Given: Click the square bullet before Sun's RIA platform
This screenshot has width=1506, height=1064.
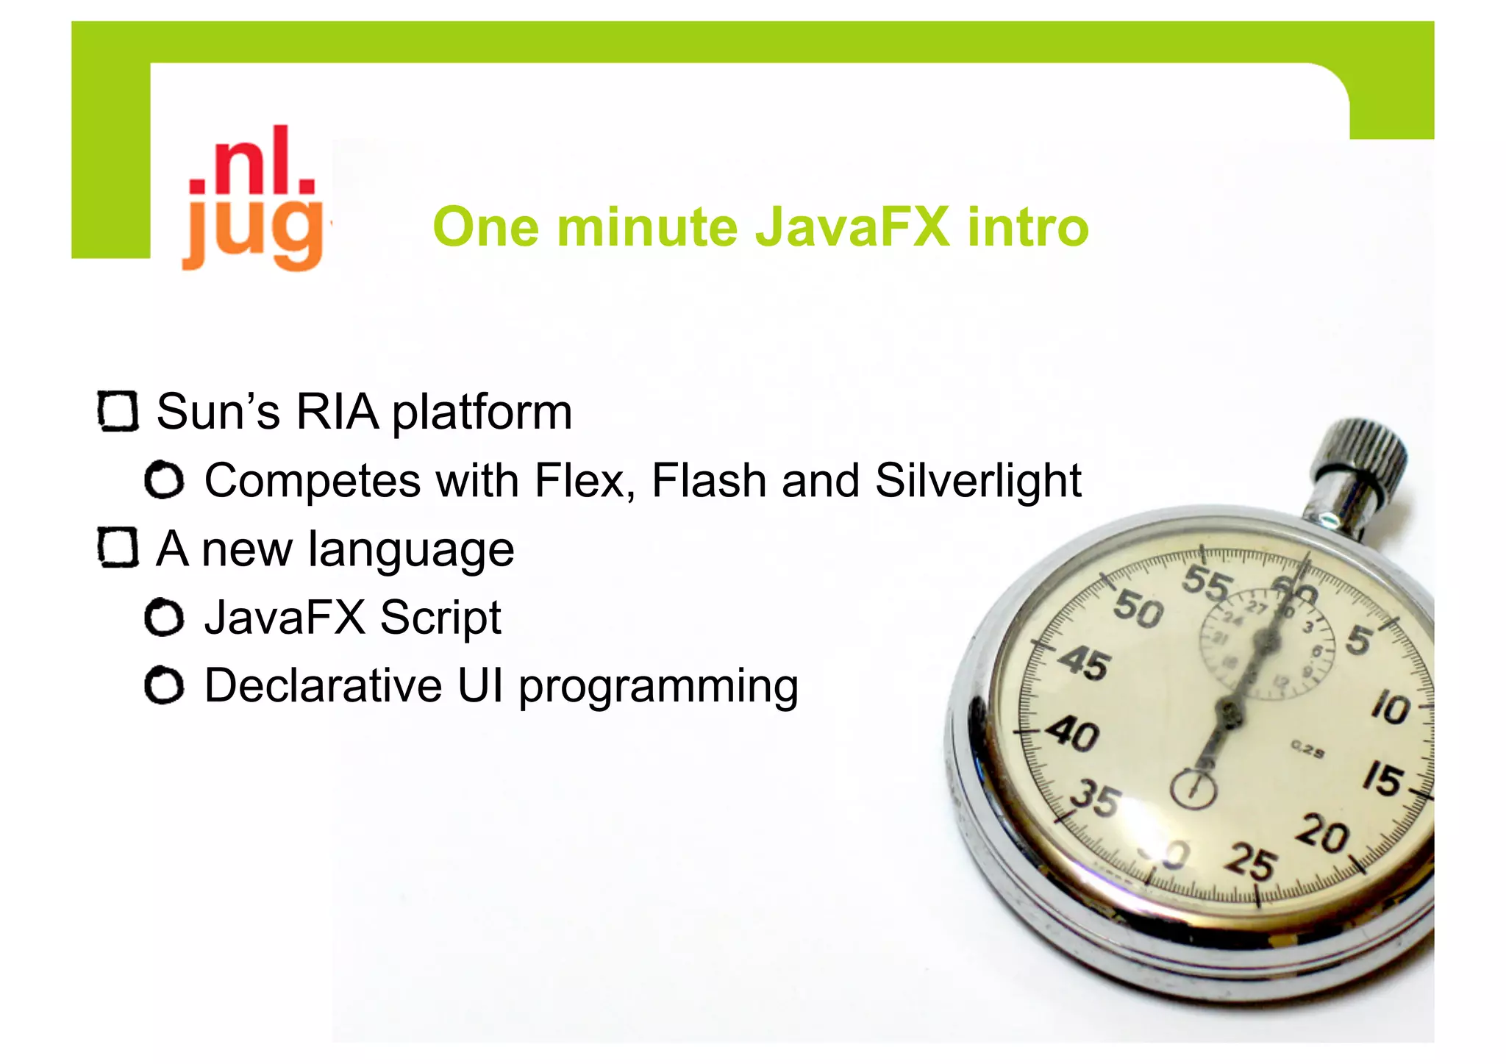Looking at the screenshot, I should (x=118, y=412).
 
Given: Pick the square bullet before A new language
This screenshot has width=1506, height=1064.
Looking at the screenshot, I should (x=118, y=549).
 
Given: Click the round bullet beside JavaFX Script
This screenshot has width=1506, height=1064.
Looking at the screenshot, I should (x=164, y=618).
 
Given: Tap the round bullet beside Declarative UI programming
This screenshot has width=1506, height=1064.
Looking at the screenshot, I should (x=164, y=686).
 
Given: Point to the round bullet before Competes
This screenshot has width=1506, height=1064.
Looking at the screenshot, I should (x=164, y=481).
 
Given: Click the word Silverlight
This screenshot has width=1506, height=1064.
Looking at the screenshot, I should (x=978, y=481).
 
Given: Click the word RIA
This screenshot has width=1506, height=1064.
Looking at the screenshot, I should (x=338, y=412).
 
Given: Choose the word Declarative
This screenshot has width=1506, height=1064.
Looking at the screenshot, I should (x=323, y=686).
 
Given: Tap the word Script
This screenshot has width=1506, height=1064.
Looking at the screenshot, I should (x=440, y=618).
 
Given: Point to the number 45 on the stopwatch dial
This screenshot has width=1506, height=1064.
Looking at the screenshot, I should (x=1083, y=663).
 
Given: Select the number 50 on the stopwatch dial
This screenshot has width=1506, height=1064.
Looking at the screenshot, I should (x=1138, y=610).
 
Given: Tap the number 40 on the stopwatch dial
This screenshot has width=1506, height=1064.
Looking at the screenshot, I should (x=1073, y=734).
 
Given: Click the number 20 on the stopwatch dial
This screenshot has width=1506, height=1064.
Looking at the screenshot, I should (x=1323, y=835).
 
